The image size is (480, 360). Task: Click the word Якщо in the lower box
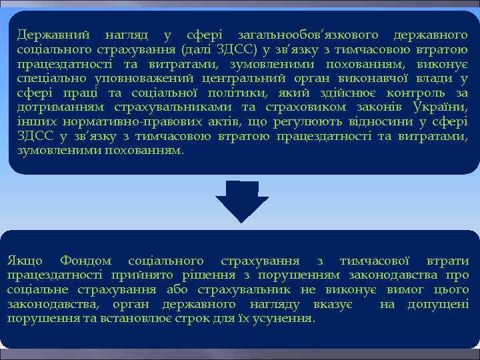coord(25,261)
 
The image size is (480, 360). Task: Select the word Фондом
coord(85,261)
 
